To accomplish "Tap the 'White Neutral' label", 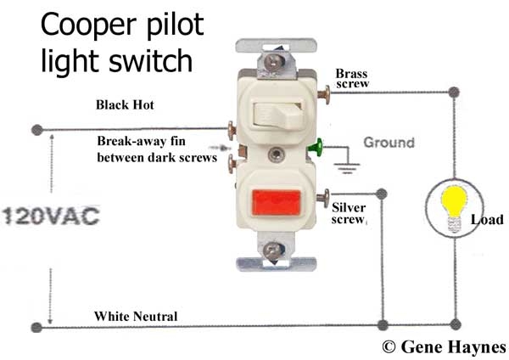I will click(136, 317).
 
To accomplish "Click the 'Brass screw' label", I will click(351, 79).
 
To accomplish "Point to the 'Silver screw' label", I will click(349, 212).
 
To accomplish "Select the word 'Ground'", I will click(389, 143).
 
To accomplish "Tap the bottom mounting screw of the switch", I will click(272, 251).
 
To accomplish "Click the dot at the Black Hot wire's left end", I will click(36, 130).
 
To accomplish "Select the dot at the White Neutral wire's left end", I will click(36, 326).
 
